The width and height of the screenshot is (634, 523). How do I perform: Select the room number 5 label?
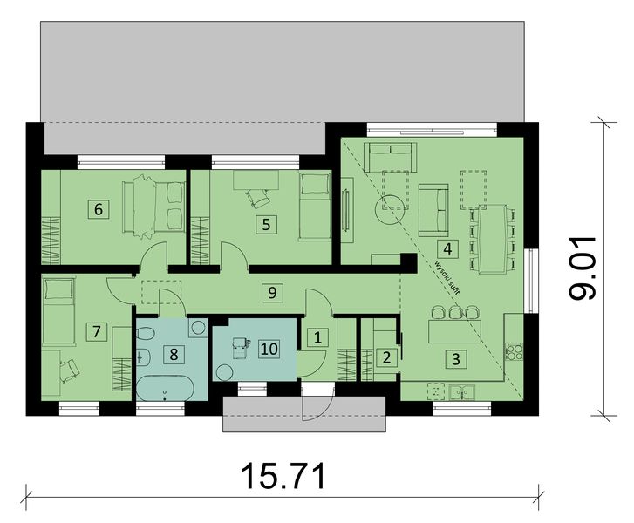[266, 223]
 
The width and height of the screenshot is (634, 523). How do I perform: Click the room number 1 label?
[318, 336]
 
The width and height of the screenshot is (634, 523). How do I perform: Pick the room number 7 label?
[97, 331]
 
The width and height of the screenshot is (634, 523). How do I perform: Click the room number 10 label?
[269, 348]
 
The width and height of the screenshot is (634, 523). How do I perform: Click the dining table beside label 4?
[494, 241]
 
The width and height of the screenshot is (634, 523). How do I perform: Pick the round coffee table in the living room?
[389, 210]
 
